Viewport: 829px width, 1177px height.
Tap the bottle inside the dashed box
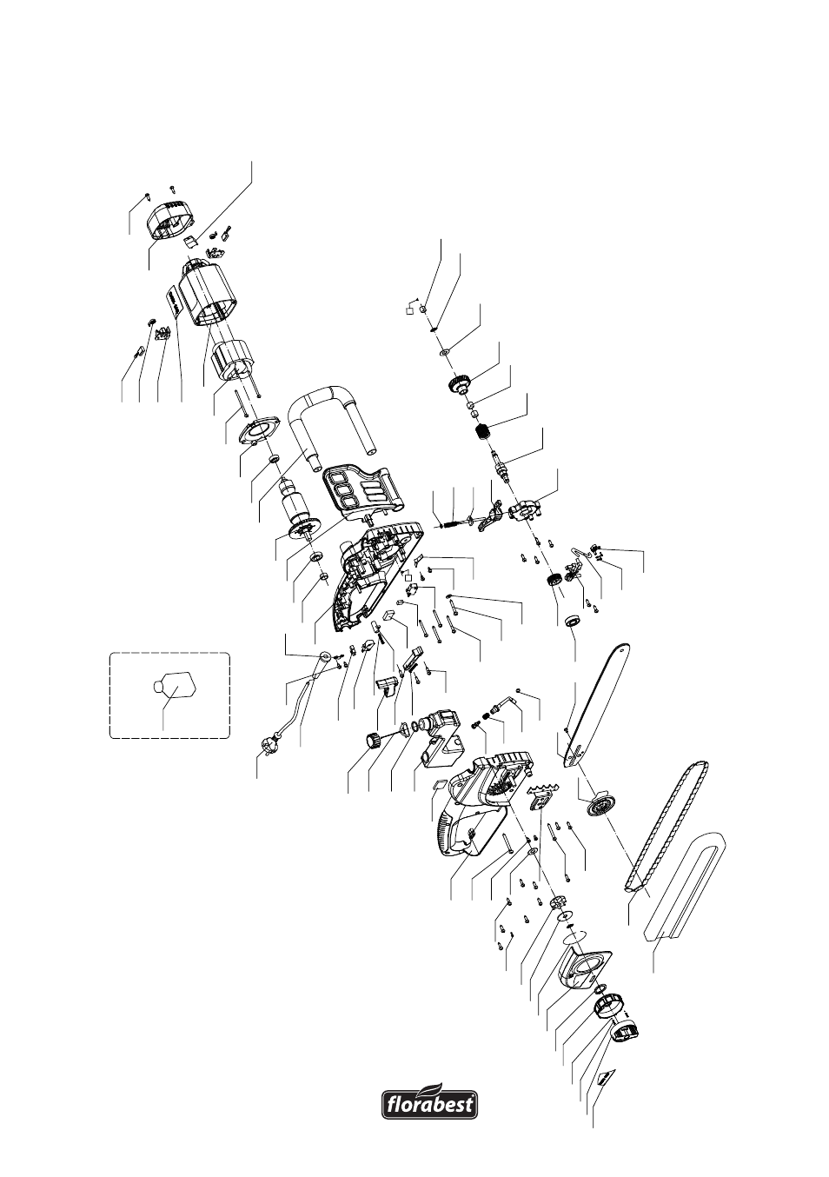click(x=173, y=687)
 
